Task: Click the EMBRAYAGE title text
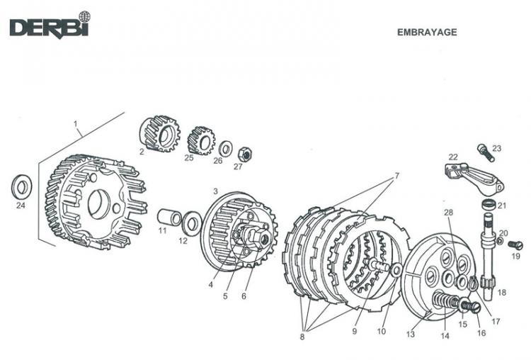tap(427, 32)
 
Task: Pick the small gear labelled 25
tap(202, 140)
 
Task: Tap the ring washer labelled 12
tap(190, 223)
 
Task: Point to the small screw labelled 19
tap(515, 244)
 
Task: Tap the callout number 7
tap(396, 175)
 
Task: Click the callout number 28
tap(448, 213)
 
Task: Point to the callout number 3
tap(215, 191)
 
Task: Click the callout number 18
tap(503, 292)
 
